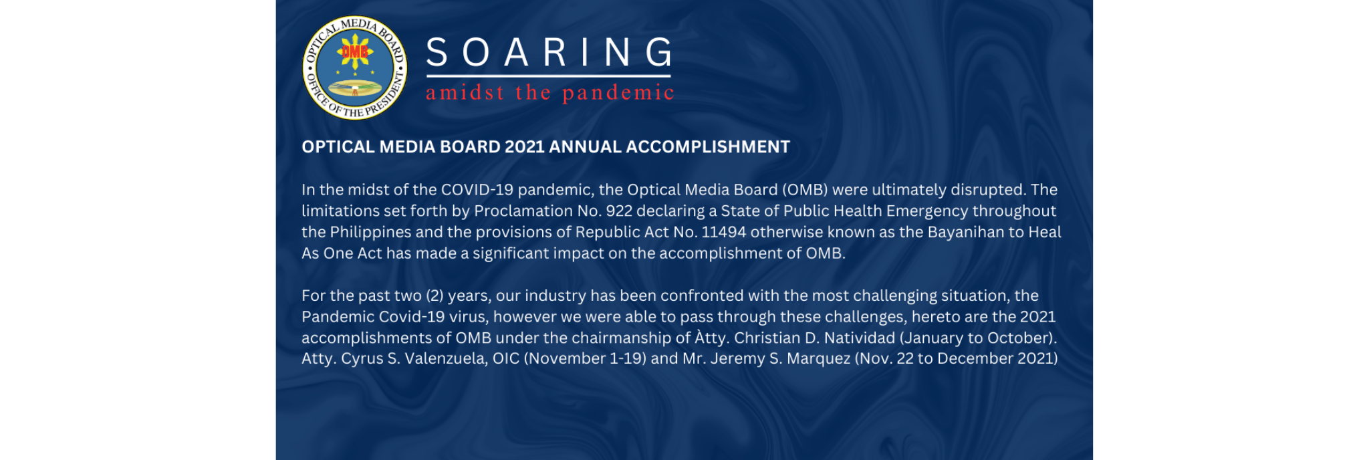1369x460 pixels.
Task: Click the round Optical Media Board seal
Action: pyautogui.click(x=354, y=68)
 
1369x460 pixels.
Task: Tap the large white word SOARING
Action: pyautogui.click(x=549, y=52)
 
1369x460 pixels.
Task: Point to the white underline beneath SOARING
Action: pyautogui.click(x=548, y=76)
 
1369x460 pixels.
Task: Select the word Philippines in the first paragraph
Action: pyautogui.click(x=370, y=232)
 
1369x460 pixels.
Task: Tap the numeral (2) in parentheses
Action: pyautogui.click(x=434, y=296)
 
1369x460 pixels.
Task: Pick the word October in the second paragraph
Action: pyautogui.click(x=1021, y=338)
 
